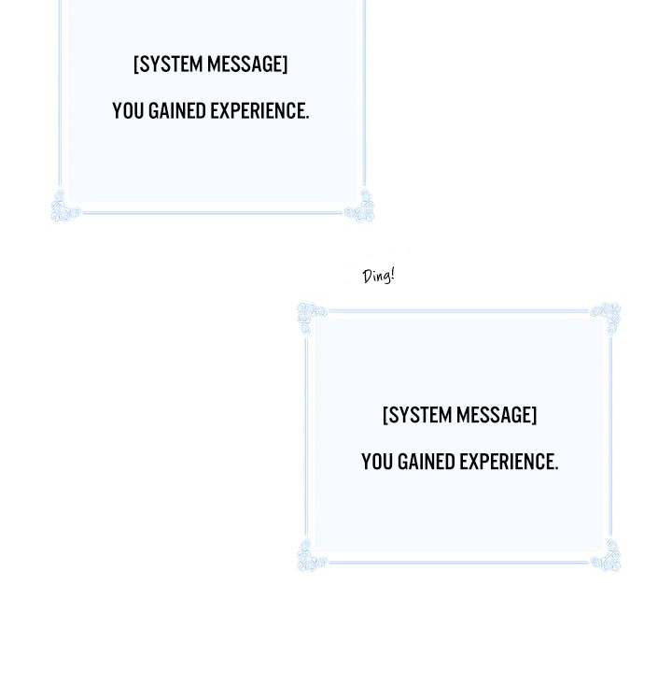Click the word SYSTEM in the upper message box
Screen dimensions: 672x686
[x=170, y=64]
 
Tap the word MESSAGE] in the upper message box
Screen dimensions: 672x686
[x=247, y=64]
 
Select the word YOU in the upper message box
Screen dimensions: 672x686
[x=128, y=110]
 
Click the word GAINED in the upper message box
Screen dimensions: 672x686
[x=177, y=110]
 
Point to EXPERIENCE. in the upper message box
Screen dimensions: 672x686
[x=259, y=110]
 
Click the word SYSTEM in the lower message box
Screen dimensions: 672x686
[x=419, y=415]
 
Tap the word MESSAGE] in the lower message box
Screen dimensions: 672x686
[x=497, y=415]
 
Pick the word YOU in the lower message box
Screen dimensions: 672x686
[x=377, y=462]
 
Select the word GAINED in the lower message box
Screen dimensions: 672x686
[x=427, y=462]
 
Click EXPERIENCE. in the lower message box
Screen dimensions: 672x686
[x=509, y=462]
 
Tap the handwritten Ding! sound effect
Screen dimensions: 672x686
[x=378, y=276]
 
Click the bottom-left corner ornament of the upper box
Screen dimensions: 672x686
[x=64, y=207]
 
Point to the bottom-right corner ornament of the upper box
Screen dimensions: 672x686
[x=360, y=207]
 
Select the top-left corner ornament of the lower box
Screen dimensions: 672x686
[x=311, y=318]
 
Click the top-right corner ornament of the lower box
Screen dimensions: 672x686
[x=607, y=318]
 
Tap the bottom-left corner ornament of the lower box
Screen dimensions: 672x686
[x=311, y=556]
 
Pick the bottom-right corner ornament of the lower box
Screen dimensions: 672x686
[x=607, y=556]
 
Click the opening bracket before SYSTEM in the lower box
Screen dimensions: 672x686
[x=385, y=415]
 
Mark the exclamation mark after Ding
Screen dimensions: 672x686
[x=393, y=275]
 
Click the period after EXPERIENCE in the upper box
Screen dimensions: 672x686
[x=307, y=117]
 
